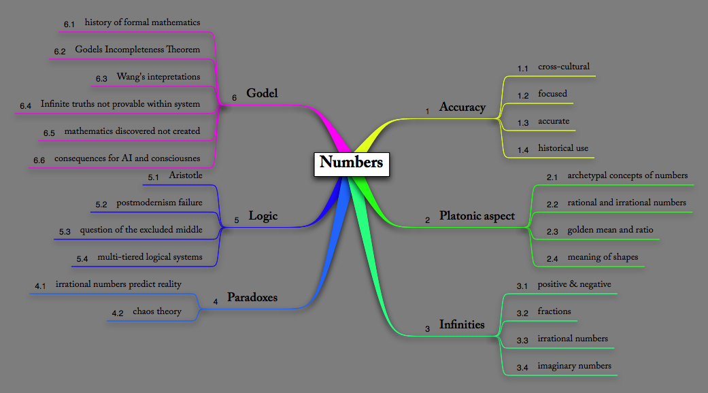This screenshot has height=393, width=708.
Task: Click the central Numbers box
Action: pos(351,163)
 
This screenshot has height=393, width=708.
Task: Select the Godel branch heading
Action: pos(262,93)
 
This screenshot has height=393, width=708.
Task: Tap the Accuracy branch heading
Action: pos(462,107)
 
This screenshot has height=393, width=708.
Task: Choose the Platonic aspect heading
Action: pos(477,216)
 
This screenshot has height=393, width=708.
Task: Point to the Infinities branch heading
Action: pos(462,324)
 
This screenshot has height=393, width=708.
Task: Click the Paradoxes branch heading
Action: pos(252,298)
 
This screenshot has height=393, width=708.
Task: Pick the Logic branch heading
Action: pos(263,216)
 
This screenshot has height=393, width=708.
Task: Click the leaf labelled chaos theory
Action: pos(156,311)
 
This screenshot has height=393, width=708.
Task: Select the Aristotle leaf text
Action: pos(185,175)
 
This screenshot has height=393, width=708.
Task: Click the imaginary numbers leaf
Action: pos(574,366)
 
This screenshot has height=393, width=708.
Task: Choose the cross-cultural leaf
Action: pos(563,67)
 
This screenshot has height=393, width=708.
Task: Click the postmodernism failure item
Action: pos(159,203)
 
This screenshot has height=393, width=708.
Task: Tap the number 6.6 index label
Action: pos(39,160)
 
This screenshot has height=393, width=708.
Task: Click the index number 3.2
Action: pos(522,313)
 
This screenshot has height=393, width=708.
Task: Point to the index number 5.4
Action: pos(83,259)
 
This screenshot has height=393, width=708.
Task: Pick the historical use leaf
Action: pos(563,148)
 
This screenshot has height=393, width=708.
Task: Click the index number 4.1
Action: pos(40,286)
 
